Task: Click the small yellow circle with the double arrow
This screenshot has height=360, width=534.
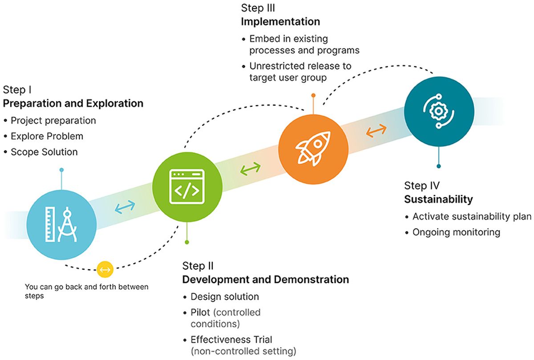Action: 105,269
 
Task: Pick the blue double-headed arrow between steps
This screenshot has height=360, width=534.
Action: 125,206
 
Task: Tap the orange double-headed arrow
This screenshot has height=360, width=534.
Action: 376,130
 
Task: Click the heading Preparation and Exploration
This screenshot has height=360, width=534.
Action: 73,104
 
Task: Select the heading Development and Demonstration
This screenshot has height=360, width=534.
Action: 265,279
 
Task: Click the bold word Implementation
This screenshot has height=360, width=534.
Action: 280,21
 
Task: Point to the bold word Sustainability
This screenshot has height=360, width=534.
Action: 438,199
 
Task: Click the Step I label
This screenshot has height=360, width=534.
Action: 17,90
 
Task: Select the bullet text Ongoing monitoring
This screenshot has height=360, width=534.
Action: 456,232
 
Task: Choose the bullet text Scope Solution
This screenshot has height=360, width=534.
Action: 44,152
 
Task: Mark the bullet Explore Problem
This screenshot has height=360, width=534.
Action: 47,136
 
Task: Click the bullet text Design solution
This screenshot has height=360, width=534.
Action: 225,296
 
